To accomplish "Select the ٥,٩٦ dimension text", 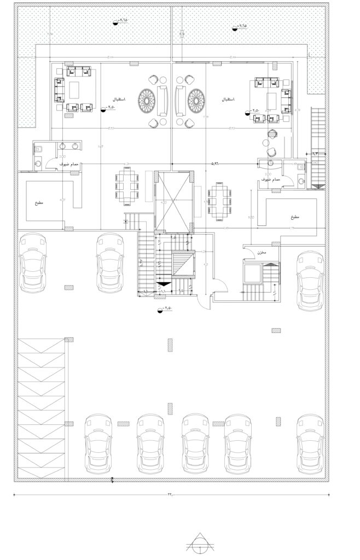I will click(x=217, y=163).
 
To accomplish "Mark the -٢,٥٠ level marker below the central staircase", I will click(x=164, y=310).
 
